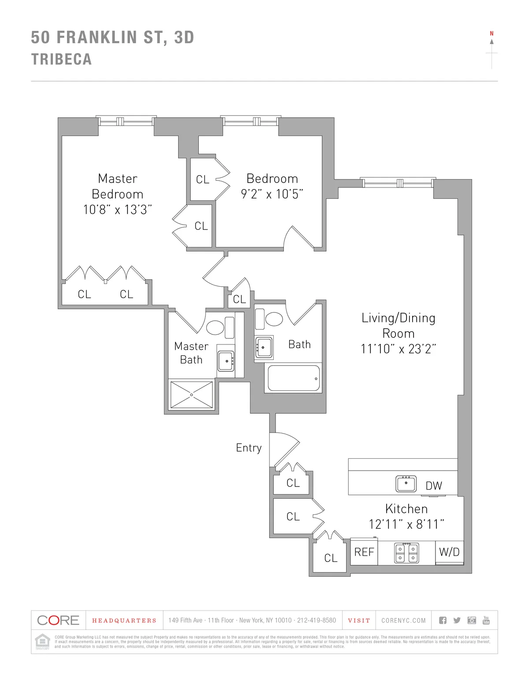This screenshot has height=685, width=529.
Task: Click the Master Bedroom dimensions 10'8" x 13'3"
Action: (118, 210)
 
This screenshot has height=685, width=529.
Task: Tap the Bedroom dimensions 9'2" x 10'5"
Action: (272, 194)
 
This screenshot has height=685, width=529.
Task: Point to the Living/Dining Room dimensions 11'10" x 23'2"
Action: (398, 349)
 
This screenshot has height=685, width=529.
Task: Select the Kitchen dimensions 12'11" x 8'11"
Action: (406, 524)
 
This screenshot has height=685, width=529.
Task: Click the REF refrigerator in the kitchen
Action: (364, 552)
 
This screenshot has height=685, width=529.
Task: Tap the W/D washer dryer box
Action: (449, 552)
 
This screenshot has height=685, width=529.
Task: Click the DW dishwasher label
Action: (434, 486)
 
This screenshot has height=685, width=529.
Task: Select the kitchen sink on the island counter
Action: (406, 484)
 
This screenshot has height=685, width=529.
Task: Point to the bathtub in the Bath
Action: (293, 378)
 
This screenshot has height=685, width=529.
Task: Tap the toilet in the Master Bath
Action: (216, 327)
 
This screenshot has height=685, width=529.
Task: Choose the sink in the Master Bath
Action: (226, 361)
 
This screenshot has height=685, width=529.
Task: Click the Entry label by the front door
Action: (249, 448)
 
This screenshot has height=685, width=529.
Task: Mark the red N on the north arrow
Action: (492, 34)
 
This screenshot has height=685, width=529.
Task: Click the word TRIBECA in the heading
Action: (61, 59)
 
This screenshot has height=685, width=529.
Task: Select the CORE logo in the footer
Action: (58, 620)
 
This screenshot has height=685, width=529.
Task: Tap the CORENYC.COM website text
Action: (403, 621)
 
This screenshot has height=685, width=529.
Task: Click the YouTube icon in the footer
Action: (486, 620)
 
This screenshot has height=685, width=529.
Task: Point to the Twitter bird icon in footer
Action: (457, 621)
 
